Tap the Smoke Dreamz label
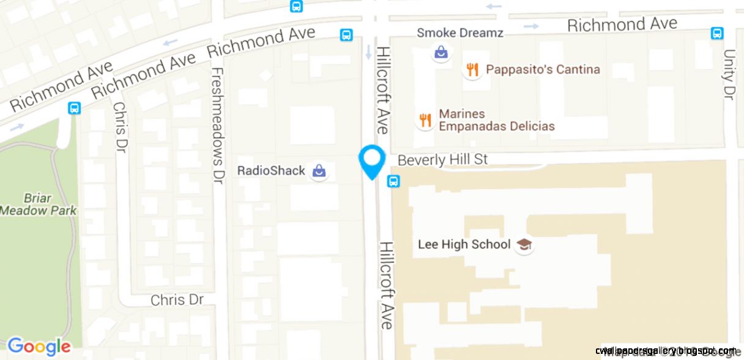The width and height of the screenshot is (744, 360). click(459, 32)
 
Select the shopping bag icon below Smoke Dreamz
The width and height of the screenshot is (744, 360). click(441, 53)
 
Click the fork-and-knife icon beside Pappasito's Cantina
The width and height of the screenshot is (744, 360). click(472, 70)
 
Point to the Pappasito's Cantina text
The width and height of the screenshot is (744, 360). click(543, 69)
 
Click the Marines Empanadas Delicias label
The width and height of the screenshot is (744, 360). click(496, 120)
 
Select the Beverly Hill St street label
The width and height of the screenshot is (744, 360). click(442, 160)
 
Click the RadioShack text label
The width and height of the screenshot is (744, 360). click(271, 171)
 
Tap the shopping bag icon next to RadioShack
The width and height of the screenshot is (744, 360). click(318, 171)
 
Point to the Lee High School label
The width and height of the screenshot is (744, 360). click(464, 244)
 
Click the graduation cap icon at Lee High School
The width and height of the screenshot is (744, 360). click(524, 245)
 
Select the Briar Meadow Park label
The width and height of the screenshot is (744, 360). click(38, 204)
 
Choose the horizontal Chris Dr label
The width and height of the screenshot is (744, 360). click(176, 300)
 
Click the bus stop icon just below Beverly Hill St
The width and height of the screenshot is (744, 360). click(393, 181)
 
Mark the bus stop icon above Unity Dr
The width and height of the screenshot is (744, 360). click(717, 33)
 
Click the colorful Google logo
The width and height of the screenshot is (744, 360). click(39, 347)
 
